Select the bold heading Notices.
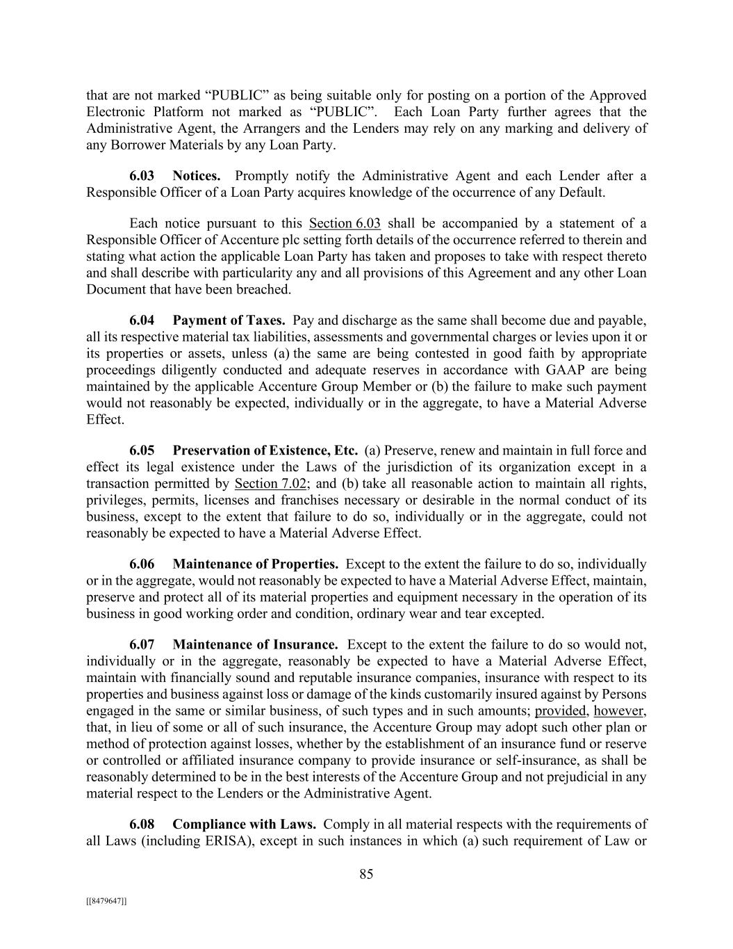197,176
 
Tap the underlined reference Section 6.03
345,223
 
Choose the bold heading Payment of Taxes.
229,321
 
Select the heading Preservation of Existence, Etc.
265,451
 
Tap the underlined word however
619,711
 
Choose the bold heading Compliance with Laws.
245,825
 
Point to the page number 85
366,875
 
